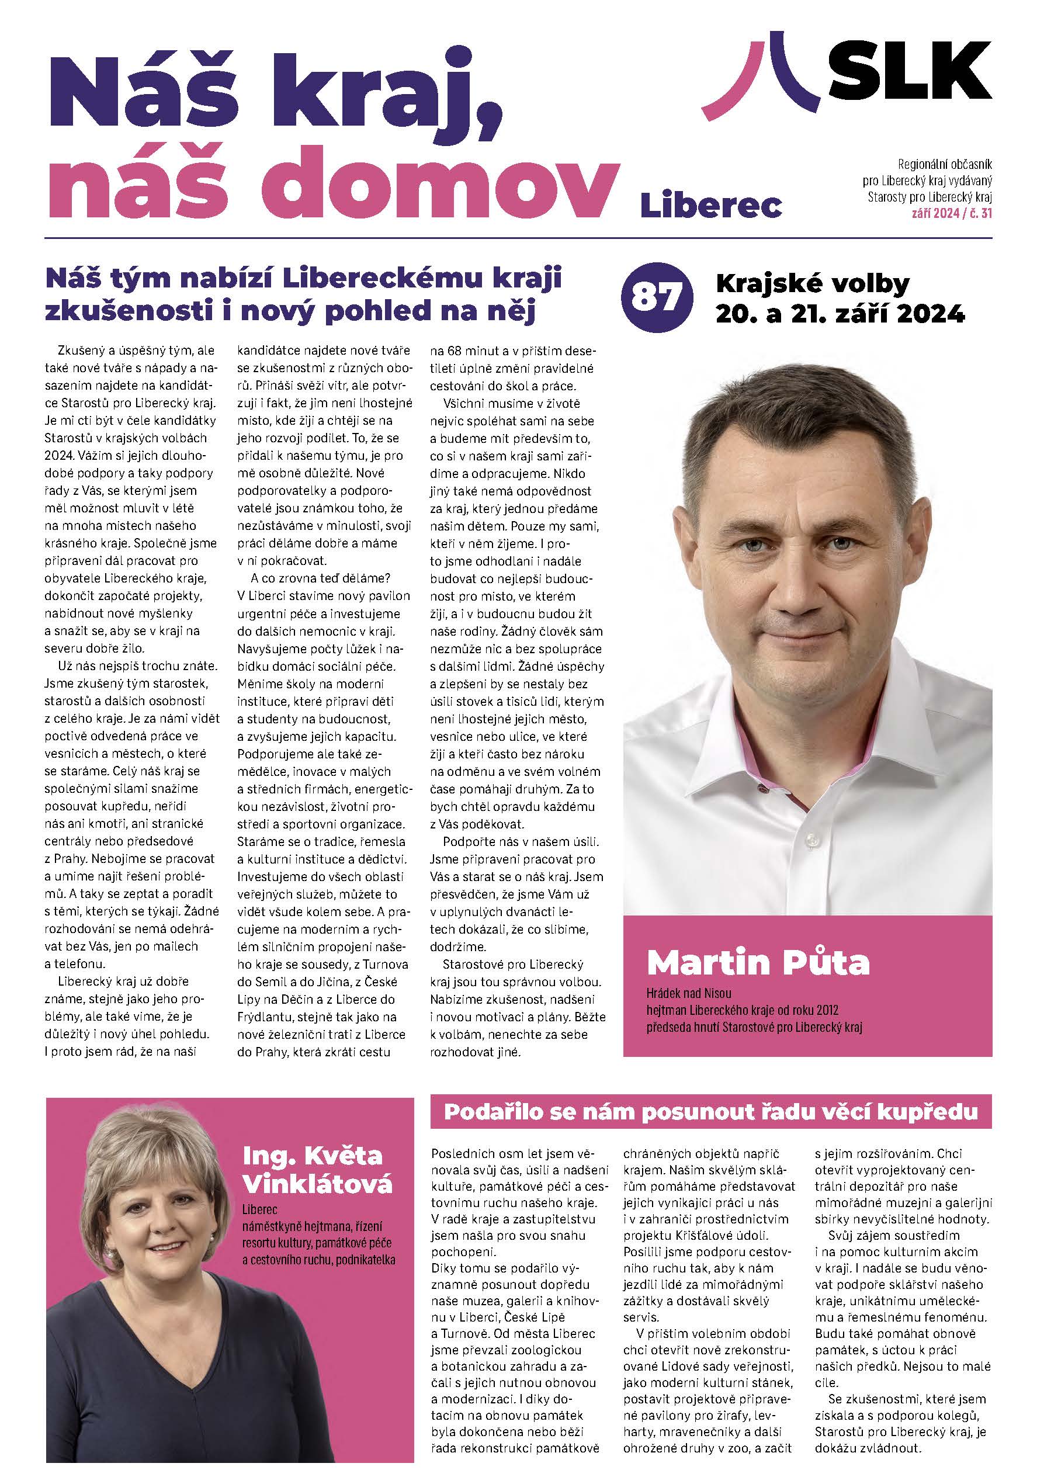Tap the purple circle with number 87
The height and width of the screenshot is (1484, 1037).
(656, 298)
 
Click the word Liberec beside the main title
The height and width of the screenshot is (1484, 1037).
(710, 205)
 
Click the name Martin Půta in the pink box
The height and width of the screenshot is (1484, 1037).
(758, 962)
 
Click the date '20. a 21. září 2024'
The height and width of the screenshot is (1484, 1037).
(840, 314)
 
